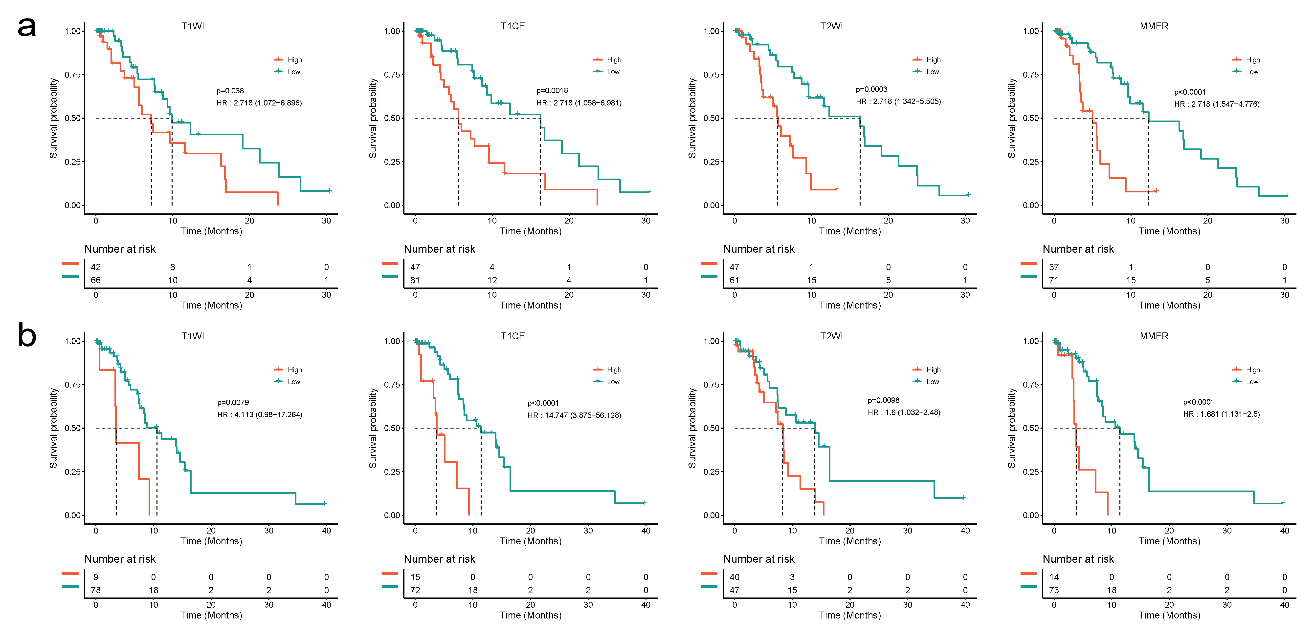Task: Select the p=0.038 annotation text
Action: tap(230, 91)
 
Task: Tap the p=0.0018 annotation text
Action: tap(552, 91)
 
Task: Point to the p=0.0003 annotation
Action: tap(871, 89)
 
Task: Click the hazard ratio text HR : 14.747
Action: tap(574, 415)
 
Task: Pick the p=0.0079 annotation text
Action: tap(233, 403)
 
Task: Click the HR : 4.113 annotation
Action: tap(260, 415)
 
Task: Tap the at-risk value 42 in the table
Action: tap(96, 267)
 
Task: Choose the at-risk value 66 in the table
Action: tap(96, 280)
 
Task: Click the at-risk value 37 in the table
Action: tap(1054, 267)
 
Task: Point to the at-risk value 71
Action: tap(1054, 280)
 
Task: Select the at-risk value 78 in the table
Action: tap(96, 590)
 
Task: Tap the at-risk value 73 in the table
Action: tap(1054, 590)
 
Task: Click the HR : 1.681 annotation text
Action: tap(1221, 414)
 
